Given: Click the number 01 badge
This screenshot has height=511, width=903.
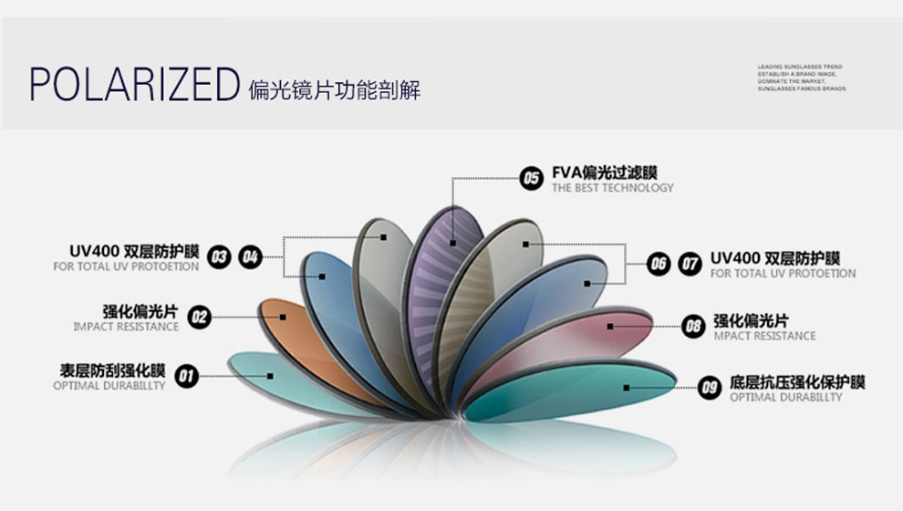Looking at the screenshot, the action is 187,375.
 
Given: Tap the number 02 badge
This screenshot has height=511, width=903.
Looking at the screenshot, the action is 199,318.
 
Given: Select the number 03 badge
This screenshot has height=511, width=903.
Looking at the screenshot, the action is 219,257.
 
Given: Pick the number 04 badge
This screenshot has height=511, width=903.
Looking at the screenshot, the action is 250,257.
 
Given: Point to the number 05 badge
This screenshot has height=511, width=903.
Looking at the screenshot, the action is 531,178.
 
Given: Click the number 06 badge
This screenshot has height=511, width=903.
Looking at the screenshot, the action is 659,265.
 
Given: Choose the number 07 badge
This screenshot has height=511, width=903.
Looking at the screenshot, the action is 690,265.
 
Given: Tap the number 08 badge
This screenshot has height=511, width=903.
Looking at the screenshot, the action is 694,326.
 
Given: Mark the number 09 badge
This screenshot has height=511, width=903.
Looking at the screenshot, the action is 710,388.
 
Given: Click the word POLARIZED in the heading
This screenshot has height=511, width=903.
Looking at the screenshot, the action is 133,85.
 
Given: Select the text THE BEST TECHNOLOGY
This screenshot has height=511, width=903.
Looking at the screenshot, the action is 612,188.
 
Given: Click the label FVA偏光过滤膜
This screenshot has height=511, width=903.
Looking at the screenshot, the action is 605,172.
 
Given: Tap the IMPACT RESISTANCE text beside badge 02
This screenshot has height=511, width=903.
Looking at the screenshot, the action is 126,327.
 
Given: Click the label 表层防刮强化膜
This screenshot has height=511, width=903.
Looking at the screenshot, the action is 112,370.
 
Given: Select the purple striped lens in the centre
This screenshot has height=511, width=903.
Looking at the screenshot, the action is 441,274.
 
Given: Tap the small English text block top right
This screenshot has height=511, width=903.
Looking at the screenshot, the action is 801,78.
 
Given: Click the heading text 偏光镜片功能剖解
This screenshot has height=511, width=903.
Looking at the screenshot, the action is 334,90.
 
